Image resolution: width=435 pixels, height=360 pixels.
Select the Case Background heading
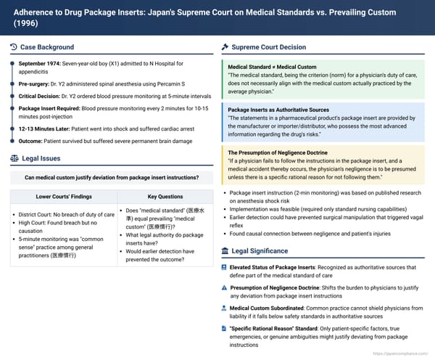43,47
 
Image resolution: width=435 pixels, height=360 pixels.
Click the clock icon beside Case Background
14,47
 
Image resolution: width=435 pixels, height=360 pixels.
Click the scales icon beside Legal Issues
14,157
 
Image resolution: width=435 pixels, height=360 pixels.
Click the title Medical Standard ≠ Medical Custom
272,67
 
